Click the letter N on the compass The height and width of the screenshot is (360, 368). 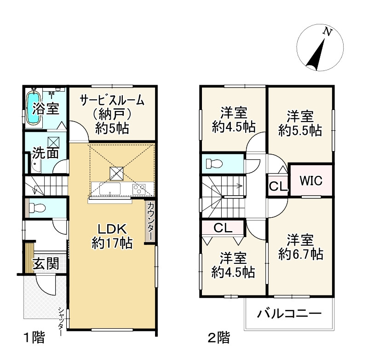328,31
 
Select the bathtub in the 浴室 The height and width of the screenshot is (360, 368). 33,109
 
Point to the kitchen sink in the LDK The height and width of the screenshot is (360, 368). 110,189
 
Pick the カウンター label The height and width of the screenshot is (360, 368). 151,221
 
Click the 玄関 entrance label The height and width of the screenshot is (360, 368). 45,264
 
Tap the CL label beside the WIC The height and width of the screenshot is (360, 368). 277,187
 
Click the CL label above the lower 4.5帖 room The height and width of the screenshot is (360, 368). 223,227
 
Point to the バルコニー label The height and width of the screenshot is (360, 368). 288,315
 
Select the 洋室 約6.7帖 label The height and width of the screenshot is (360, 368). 300,247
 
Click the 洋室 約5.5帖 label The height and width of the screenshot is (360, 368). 300,123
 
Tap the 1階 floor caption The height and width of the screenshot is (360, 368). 34,339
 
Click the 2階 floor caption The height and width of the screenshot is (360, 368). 218,339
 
